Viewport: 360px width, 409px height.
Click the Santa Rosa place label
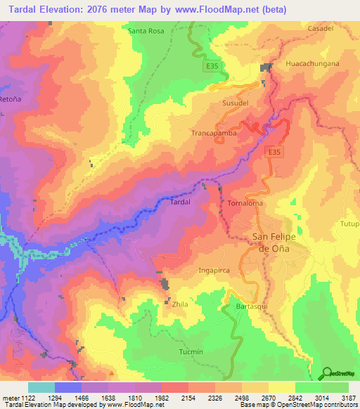(x=146, y=31)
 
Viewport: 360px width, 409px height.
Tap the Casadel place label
(x=321, y=28)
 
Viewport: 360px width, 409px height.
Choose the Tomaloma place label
(x=245, y=203)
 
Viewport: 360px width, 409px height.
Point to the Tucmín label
(x=191, y=351)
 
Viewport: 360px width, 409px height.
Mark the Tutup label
(x=350, y=224)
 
